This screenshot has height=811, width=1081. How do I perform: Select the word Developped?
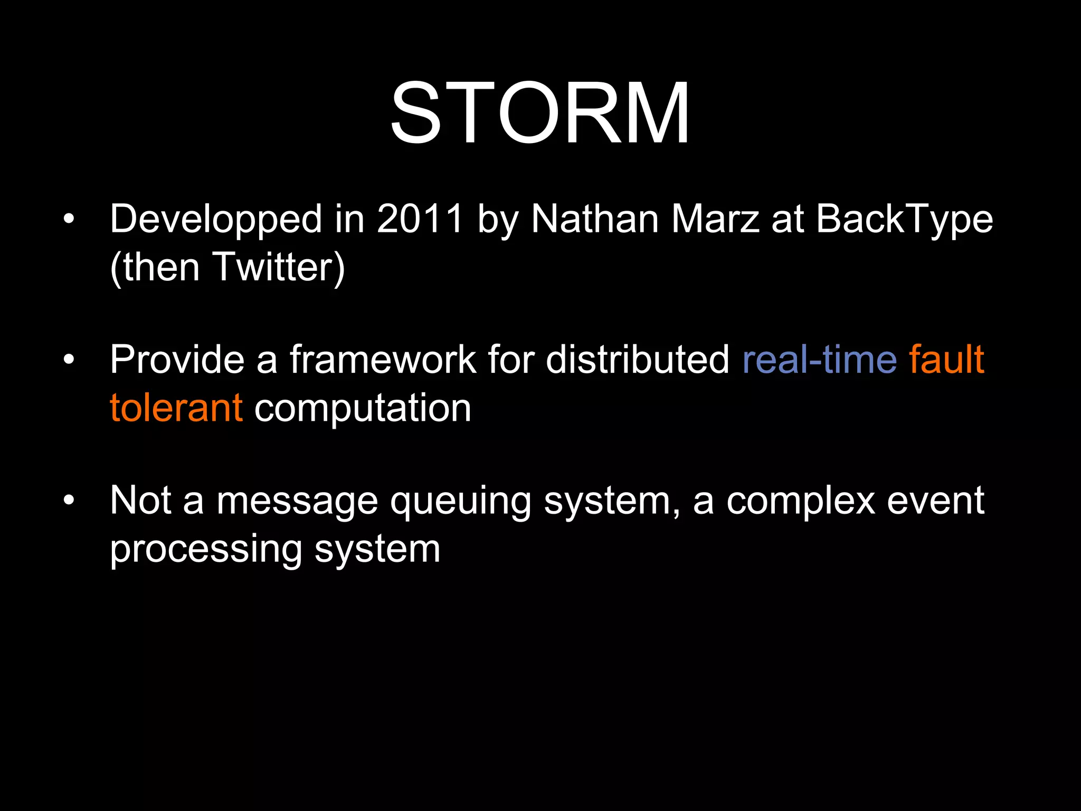pos(215,220)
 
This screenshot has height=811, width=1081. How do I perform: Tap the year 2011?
pos(420,219)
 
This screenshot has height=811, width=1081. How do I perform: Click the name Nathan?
pos(595,219)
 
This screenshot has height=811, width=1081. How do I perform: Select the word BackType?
pos(904,220)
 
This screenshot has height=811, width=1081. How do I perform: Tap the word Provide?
pos(177,360)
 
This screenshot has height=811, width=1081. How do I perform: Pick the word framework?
pos(383,360)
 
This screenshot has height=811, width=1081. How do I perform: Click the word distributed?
pos(637,360)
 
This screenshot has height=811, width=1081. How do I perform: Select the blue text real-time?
pos(819,360)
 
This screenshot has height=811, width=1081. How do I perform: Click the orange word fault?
pos(946,360)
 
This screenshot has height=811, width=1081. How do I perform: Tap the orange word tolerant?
pos(176,408)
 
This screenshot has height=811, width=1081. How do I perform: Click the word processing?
pos(206,550)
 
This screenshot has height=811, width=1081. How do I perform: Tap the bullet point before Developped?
pos(69,219)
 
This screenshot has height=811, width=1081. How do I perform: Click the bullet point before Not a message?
pos(69,500)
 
